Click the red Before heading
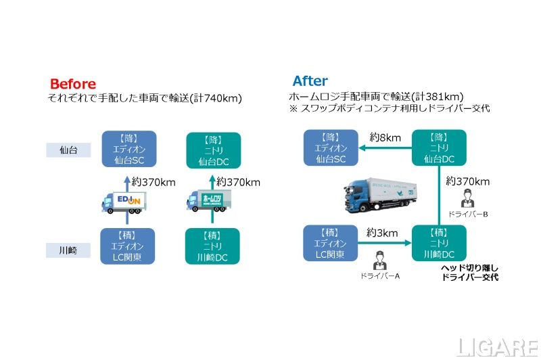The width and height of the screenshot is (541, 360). pyautogui.click(x=73, y=84)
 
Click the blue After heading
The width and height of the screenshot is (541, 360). pyautogui.click(x=310, y=81)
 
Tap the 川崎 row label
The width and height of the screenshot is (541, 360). pyautogui.click(x=68, y=250)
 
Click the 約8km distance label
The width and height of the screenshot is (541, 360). pyautogui.click(x=385, y=138)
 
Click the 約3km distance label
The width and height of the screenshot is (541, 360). pyautogui.click(x=382, y=233)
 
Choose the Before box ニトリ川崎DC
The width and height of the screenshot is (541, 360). pyautogui.click(x=213, y=246)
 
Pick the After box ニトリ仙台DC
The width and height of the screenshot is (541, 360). pyautogui.click(x=439, y=149)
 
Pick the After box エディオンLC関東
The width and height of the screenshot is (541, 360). pyautogui.click(x=330, y=244)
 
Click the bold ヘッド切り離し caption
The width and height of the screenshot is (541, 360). pyautogui.click(x=469, y=268)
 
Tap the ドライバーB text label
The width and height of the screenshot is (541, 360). pyautogui.click(x=466, y=214)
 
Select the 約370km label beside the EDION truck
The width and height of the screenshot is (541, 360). pyautogui.click(x=154, y=182)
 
